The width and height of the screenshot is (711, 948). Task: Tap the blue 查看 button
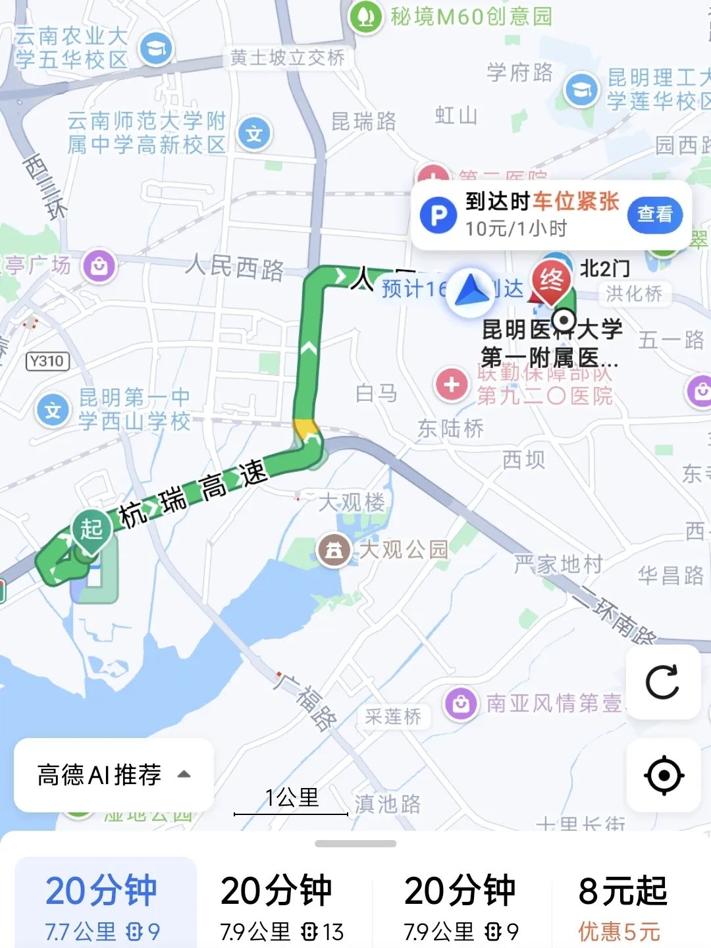tap(654, 215)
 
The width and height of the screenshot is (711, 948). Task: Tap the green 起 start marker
tap(92, 529)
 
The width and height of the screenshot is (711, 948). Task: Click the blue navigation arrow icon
tap(470, 290)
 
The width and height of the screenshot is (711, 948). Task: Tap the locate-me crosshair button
tap(663, 775)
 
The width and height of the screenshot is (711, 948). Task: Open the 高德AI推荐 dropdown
tap(113, 775)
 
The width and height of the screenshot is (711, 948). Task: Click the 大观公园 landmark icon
tap(334, 550)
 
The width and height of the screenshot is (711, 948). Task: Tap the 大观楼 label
tap(352, 503)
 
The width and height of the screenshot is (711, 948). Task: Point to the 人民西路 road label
tap(234, 267)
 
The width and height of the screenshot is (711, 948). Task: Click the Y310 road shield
tap(47, 361)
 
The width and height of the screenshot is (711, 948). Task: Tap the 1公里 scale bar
tap(291, 804)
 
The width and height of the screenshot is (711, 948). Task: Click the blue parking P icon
tap(438, 215)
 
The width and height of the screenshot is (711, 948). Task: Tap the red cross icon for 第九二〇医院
tap(451, 384)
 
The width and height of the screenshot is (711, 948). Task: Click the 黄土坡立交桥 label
tap(287, 59)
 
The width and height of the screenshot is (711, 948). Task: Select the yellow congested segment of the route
tap(305, 429)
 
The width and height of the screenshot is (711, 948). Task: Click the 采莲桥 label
tap(393, 716)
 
